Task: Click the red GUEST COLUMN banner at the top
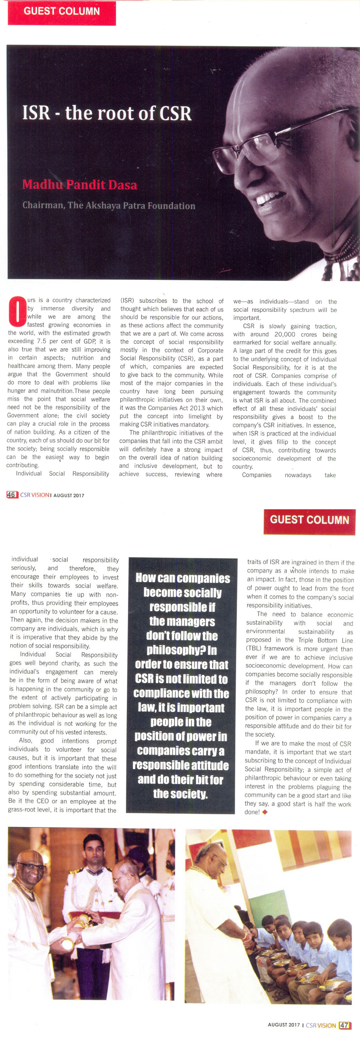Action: (x=62, y=12)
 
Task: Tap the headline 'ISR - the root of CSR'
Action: (x=107, y=113)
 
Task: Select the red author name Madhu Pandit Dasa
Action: (x=80, y=185)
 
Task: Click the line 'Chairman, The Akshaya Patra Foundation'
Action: (x=109, y=206)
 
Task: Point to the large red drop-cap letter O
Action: (x=17, y=311)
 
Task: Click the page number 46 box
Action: (x=11, y=495)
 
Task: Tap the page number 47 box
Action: (x=344, y=1025)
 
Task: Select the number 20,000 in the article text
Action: (x=285, y=334)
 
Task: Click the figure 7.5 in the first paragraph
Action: (x=41, y=341)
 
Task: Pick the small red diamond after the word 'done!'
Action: (x=265, y=812)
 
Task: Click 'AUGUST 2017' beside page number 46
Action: (x=69, y=495)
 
